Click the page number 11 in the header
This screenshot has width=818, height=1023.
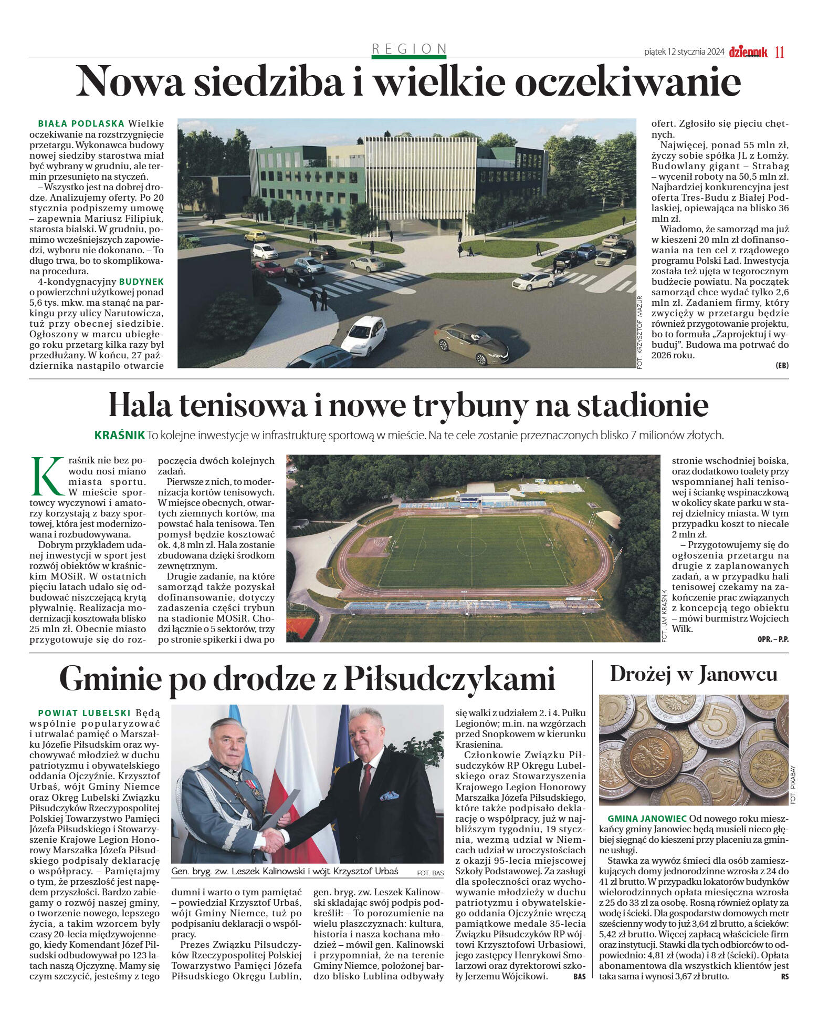[779, 52]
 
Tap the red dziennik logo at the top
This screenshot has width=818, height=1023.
[748, 51]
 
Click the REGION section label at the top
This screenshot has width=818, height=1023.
[409, 48]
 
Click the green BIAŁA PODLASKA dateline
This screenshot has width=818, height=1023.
[81, 123]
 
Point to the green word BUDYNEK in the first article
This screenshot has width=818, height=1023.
[141, 282]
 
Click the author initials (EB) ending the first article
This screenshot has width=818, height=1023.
[781, 365]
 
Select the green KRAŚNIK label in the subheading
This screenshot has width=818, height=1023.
[119, 435]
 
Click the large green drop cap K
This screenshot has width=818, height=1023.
[46, 476]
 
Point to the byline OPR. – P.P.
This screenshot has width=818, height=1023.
[773, 639]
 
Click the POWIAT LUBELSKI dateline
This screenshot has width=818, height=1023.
[84, 713]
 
